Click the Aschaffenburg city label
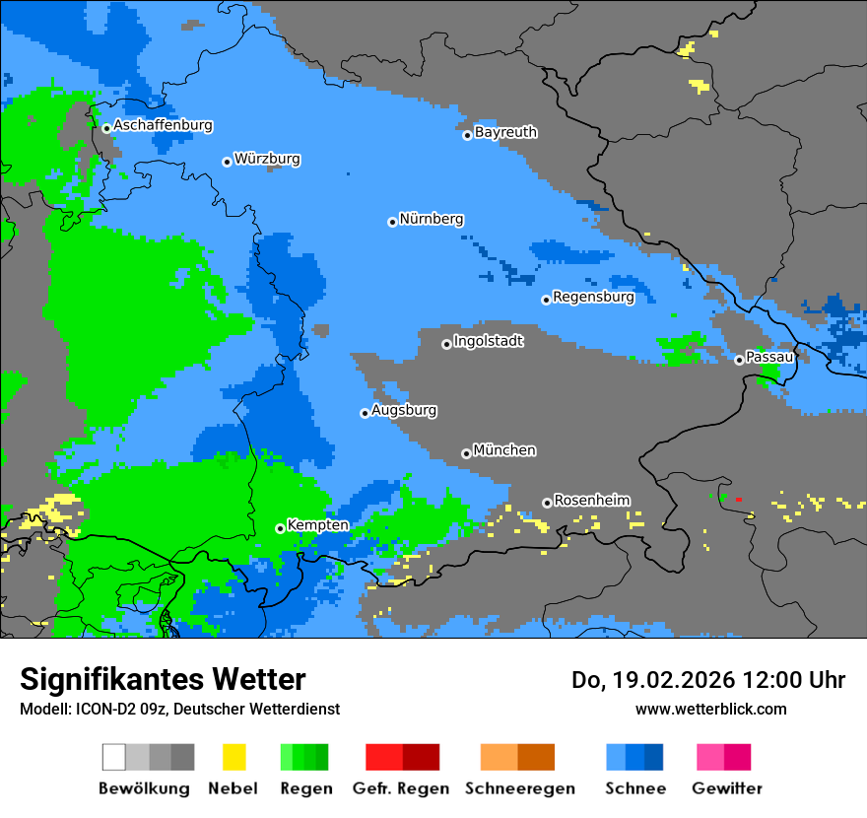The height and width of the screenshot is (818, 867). coord(163,126)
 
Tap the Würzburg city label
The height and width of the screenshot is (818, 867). coord(267,160)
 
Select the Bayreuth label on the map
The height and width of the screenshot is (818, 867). coord(505,132)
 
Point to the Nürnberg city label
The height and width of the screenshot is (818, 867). coord(431,220)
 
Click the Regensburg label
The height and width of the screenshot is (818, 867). coord(593,297)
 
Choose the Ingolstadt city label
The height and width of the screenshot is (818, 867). coord(488,342)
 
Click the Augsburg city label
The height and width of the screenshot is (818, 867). coord(403,411)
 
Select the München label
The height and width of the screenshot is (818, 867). coord(504,450)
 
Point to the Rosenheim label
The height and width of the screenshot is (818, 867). coord(591,501)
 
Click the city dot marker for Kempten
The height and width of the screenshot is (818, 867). coord(280,528)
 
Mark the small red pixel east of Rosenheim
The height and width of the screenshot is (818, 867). coord(738,500)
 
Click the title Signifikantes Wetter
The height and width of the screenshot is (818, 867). coord(163,679)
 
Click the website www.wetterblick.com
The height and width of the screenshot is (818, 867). coord(710,709)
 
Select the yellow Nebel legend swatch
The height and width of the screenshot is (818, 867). coord(233,757)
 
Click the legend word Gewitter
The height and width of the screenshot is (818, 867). coord(726,788)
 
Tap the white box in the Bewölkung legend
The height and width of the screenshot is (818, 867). coord(114,757)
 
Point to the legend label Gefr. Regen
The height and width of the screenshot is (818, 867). coord(401,788)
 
